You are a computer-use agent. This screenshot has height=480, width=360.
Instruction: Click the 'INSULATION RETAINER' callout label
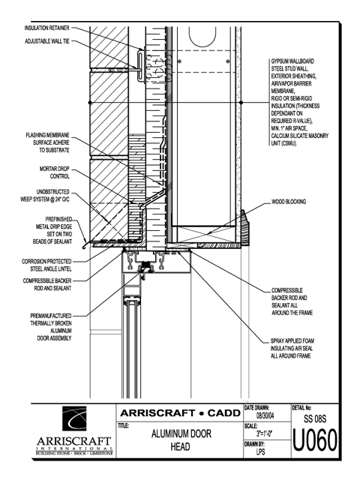[x=46, y=28]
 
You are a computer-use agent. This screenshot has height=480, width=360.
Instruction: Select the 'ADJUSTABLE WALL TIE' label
[x=46, y=41]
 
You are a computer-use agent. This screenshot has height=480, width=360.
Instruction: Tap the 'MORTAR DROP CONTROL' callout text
[x=55, y=172]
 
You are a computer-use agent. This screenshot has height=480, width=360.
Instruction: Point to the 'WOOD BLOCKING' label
[x=289, y=202]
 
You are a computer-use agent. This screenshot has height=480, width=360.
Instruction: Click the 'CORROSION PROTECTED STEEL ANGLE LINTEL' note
[x=46, y=265]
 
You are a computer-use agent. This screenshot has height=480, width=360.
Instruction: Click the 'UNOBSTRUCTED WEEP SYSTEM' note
[x=45, y=196]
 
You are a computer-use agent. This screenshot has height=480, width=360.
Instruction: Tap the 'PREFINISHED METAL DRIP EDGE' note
[x=52, y=230]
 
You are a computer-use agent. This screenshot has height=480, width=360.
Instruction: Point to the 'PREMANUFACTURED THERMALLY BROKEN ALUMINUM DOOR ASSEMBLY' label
[x=51, y=327]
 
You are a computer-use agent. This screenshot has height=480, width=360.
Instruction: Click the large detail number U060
[x=315, y=440]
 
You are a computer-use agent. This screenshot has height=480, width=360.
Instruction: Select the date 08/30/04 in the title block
[x=265, y=415]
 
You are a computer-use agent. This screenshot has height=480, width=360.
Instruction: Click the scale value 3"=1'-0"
[x=265, y=433]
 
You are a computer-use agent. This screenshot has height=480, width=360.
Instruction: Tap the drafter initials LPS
[x=260, y=451]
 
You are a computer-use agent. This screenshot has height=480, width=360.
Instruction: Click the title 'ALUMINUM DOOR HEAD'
[x=181, y=440]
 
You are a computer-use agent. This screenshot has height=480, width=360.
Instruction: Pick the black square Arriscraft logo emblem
[x=74, y=418]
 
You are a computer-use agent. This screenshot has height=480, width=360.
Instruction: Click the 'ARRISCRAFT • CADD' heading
[x=180, y=413]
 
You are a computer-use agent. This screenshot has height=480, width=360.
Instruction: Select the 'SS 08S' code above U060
[x=315, y=418]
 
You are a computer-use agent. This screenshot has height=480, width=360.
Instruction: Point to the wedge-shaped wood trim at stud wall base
[x=244, y=227]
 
